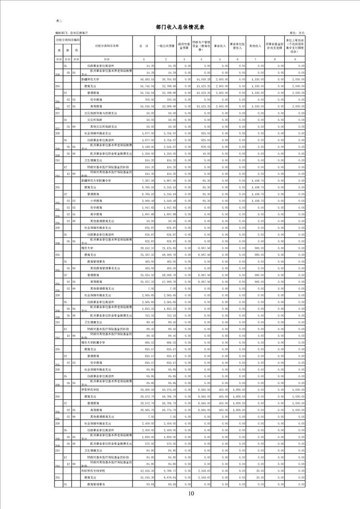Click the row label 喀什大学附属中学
[93, 343]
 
